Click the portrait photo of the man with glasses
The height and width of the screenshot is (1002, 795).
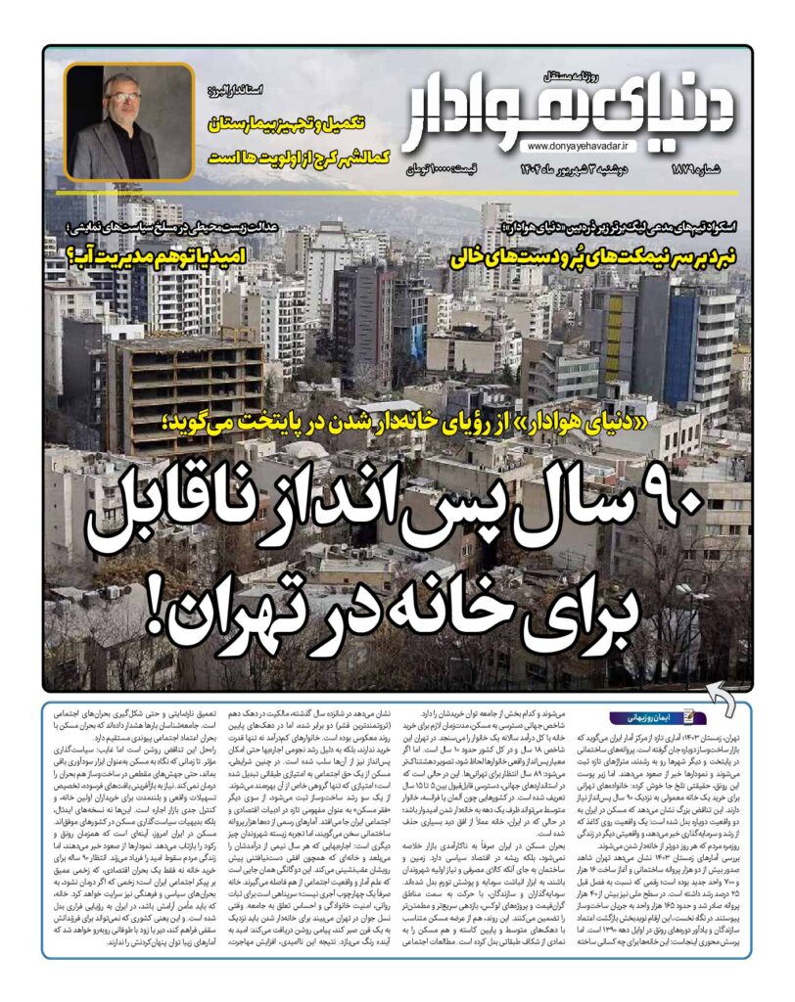130,122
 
